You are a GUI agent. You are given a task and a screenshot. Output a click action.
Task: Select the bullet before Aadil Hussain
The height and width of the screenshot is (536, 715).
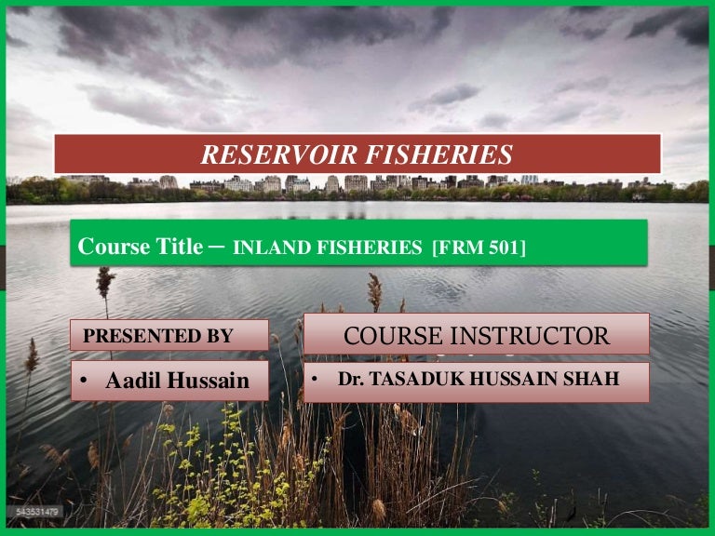(85, 382)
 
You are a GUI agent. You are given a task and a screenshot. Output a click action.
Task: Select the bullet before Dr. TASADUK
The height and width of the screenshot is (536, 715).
(316, 380)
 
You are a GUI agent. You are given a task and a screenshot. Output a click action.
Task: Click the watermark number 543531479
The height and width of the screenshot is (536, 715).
(34, 512)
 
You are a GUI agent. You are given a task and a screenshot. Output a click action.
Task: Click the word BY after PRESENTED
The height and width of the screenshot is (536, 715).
(220, 336)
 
